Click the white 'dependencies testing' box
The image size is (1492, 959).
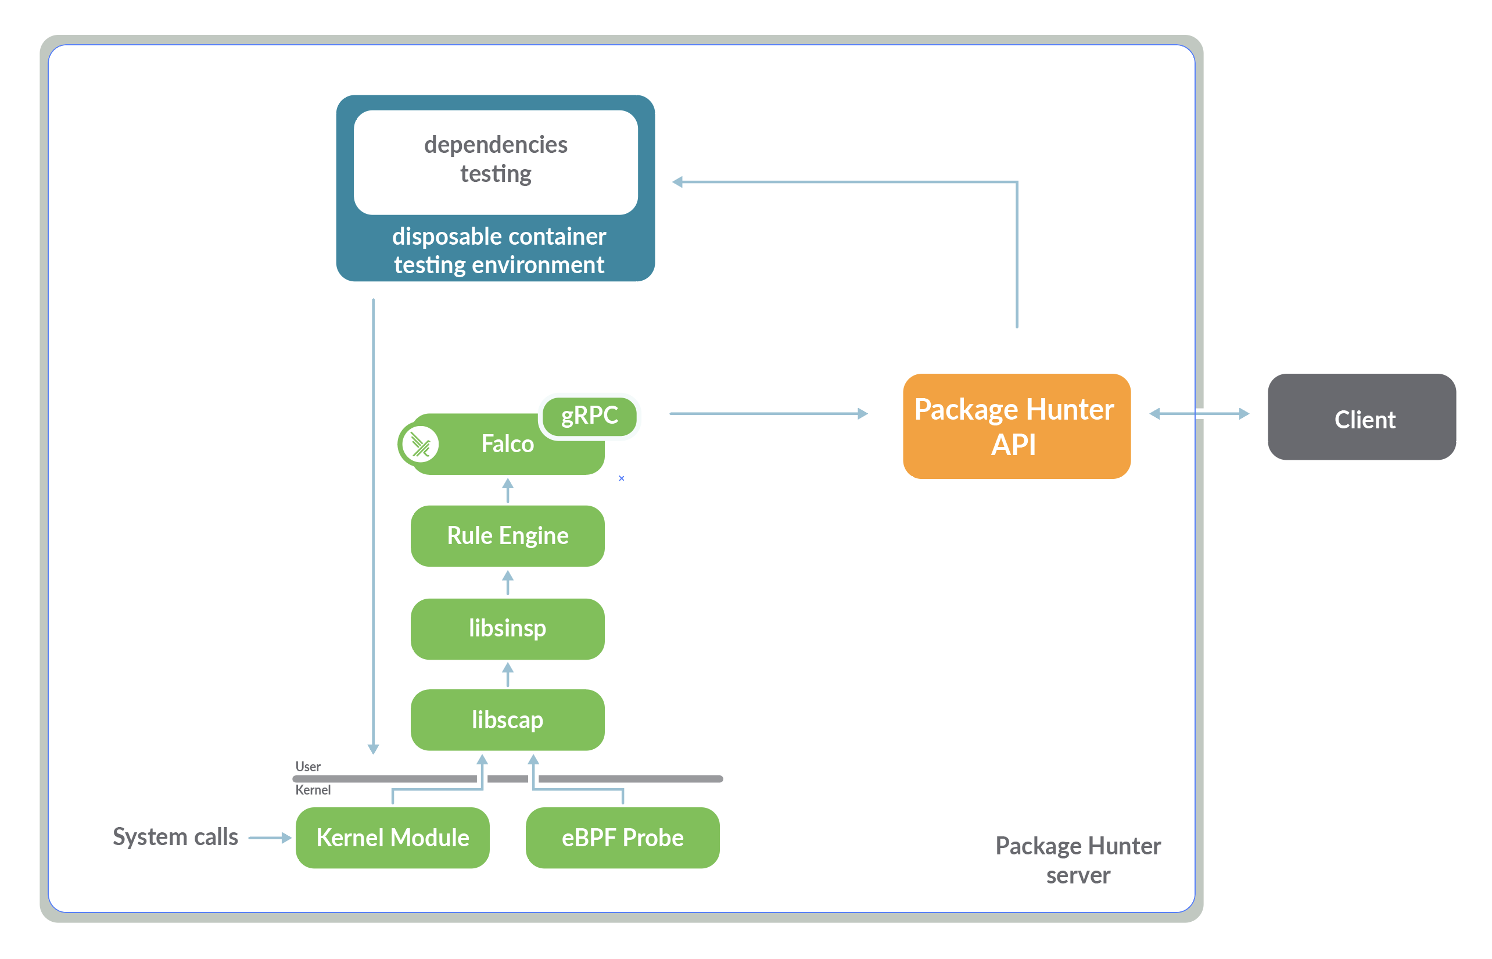click(495, 162)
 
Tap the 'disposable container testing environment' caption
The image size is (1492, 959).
click(498, 251)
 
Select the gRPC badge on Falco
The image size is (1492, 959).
click(589, 416)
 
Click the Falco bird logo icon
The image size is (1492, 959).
click(421, 445)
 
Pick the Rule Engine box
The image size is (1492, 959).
click(507, 535)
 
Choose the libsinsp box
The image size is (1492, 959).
click(507, 628)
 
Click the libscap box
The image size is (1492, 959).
click(507, 720)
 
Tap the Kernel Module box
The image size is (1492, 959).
click(392, 838)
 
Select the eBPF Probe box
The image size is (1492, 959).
click(622, 838)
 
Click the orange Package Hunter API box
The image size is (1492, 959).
click(1016, 426)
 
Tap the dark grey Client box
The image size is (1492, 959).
click(1361, 417)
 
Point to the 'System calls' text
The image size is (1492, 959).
click(175, 836)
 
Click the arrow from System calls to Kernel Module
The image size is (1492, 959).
click(269, 838)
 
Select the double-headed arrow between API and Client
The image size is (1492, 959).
click(1198, 413)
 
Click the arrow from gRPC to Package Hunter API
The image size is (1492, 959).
click(767, 413)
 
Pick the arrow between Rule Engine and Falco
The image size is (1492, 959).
click(507, 491)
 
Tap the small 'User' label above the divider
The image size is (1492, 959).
click(307, 767)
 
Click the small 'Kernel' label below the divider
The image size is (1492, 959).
click(313, 790)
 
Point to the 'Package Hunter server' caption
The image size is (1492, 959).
click(1077, 860)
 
